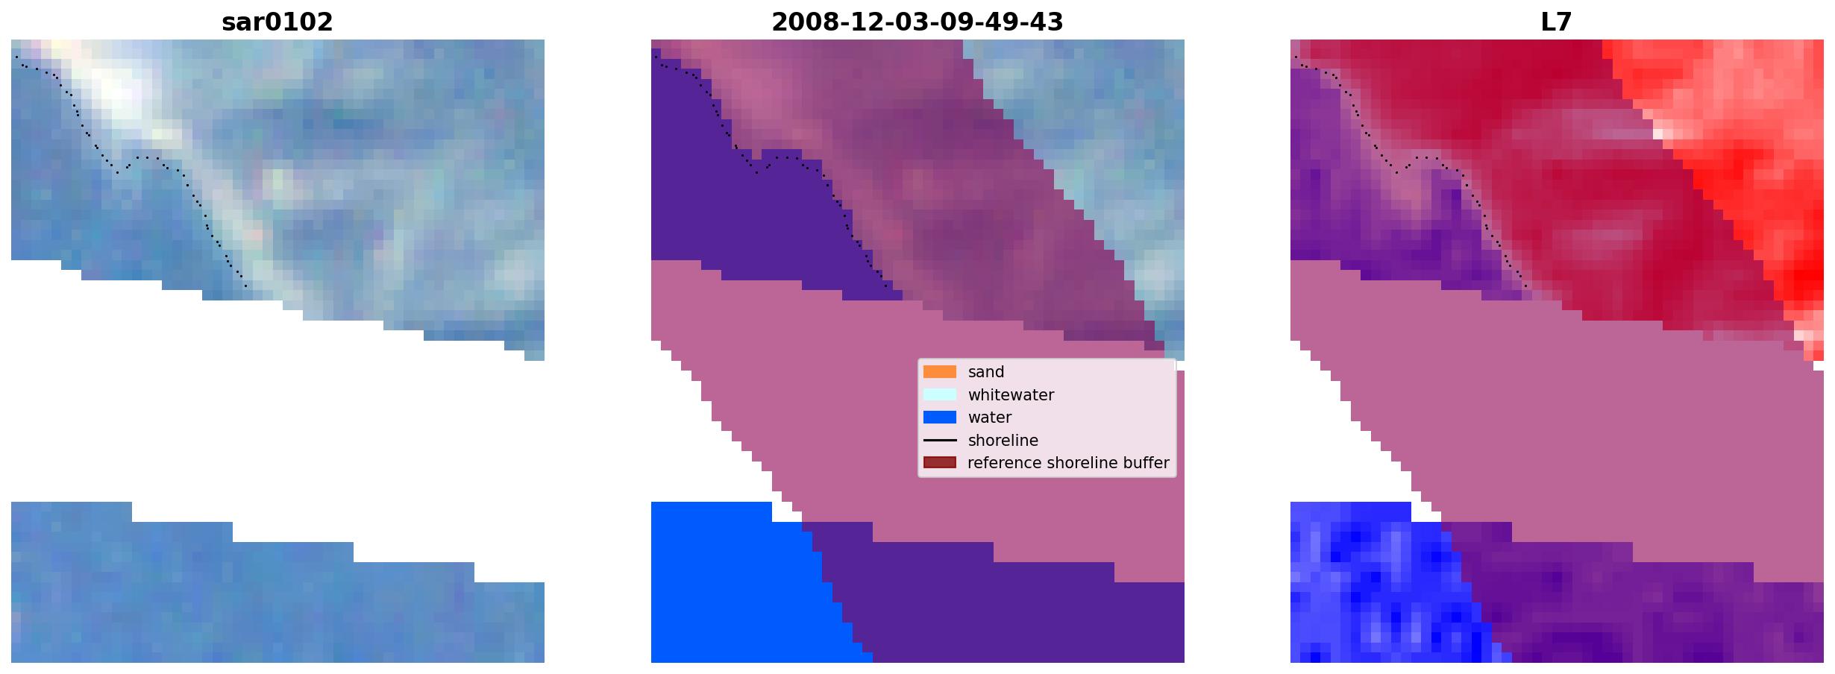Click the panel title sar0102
click(x=277, y=22)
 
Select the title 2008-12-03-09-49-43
click(x=917, y=22)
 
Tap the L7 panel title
click(x=1557, y=22)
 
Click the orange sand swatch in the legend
click(x=940, y=372)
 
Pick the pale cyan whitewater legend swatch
click(x=940, y=394)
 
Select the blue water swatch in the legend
click(x=940, y=418)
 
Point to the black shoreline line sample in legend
click(x=940, y=441)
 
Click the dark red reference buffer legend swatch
click(x=940, y=463)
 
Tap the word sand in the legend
click(x=986, y=372)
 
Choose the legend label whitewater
click(x=1011, y=395)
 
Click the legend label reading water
click(x=990, y=418)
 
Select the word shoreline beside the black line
click(x=1003, y=441)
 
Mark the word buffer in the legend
click(x=1146, y=463)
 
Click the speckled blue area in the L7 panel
click(x=1373, y=589)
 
